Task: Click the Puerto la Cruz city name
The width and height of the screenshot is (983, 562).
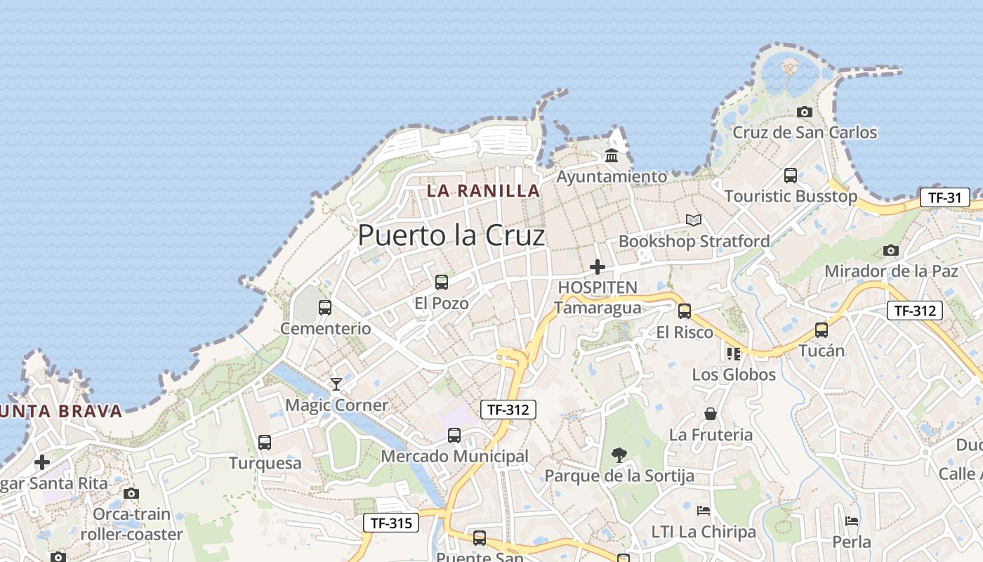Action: tap(451, 235)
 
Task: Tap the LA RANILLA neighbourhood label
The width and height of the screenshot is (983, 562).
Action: tap(484, 190)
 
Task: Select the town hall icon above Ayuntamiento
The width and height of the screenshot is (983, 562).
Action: tap(612, 155)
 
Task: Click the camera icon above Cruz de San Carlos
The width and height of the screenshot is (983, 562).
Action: tap(805, 112)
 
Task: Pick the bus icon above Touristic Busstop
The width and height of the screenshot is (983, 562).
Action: tap(791, 176)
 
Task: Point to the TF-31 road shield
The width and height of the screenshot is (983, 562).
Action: tap(944, 197)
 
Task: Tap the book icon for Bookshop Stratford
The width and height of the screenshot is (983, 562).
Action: tap(694, 221)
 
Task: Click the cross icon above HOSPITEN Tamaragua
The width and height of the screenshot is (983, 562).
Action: tap(598, 267)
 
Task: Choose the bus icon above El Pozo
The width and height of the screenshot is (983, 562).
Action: tap(442, 282)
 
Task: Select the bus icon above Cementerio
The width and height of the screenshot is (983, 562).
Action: tap(325, 307)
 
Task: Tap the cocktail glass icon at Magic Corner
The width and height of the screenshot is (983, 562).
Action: tap(336, 384)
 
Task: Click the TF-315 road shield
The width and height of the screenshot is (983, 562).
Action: tap(391, 523)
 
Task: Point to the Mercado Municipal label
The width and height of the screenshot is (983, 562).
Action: tap(454, 457)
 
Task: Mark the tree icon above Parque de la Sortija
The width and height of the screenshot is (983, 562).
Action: tap(619, 455)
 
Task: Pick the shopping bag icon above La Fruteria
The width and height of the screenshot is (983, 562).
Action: tap(711, 414)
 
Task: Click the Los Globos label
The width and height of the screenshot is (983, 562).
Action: tap(734, 374)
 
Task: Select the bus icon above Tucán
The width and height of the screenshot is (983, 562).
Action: tap(822, 330)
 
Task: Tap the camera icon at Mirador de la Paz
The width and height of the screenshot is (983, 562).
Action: tap(891, 250)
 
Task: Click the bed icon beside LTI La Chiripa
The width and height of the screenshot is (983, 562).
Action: tap(704, 510)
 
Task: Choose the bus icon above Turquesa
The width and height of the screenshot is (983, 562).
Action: tap(265, 443)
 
